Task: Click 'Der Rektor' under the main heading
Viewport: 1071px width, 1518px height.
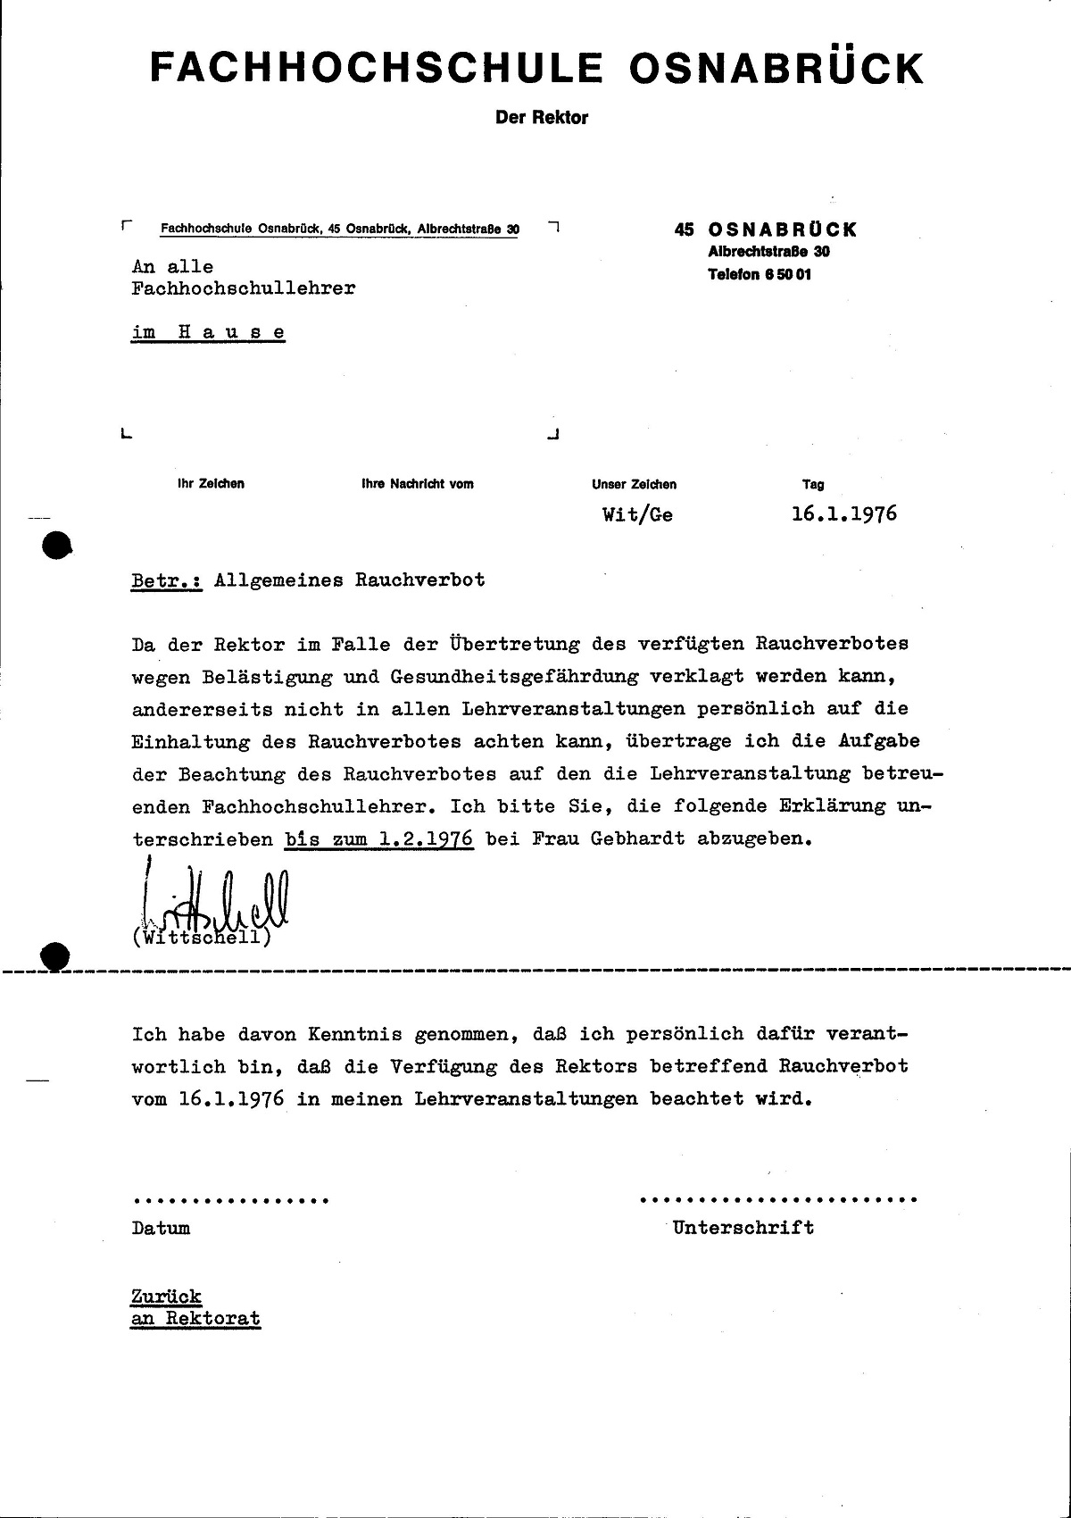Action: (542, 117)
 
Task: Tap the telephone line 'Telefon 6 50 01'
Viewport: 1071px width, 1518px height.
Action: (760, 274)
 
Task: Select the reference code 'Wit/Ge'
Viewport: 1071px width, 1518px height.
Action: (637, 515)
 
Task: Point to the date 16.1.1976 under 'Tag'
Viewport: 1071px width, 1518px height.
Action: (843, 514)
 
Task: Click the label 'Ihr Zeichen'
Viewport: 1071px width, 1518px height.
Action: (211, 484)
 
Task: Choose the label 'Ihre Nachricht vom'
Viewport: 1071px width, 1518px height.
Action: (417, 484)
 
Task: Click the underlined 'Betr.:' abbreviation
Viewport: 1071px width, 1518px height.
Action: (167, 580)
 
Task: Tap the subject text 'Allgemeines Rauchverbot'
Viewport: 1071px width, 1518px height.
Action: (350, 580)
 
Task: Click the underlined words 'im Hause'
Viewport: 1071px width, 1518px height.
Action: (208, 332)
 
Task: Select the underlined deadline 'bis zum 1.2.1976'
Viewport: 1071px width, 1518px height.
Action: (379, 840)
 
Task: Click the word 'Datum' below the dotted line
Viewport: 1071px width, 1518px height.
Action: (161, 1228)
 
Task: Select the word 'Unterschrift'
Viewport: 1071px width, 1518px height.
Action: (743, 1227)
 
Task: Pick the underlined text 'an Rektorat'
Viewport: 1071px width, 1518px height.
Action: (195, 1318)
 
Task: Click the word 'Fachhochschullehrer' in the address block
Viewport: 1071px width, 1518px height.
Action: (243, 288)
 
